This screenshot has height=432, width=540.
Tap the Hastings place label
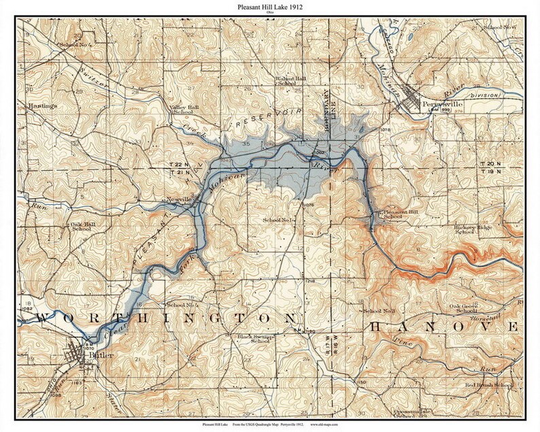[42, 107]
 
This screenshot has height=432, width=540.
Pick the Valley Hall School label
[184, 109]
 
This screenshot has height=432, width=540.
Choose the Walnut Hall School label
[291, 82]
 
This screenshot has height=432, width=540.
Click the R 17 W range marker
[327, 356]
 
